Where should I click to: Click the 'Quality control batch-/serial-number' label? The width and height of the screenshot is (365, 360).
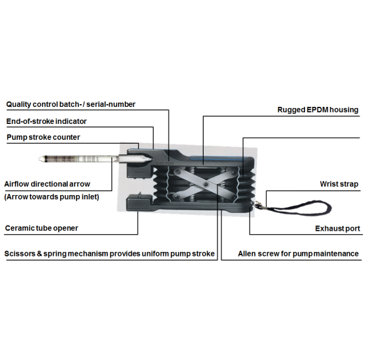point(70,104)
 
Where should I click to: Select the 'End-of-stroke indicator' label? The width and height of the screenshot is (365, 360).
point(46,121)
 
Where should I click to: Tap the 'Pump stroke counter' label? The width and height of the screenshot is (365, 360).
point(43,137)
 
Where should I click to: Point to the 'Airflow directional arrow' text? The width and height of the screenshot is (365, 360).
point(47,184)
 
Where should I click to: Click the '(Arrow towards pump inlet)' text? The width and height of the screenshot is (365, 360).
point(51,197)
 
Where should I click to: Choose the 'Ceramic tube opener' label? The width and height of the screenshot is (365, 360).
point(42,228)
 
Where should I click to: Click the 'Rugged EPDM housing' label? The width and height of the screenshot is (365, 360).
point(318,109)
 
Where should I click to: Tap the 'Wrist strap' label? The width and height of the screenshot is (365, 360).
point(339,184)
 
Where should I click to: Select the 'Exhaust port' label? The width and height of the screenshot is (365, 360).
point(337,228)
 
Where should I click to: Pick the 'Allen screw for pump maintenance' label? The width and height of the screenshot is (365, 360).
point(298,253)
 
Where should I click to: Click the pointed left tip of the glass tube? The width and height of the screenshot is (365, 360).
point(39,159)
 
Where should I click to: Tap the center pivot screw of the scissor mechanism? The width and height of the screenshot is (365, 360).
point(206,185)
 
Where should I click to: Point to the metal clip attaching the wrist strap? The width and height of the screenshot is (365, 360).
point(258,205)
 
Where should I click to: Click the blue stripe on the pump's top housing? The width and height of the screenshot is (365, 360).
point(217,158)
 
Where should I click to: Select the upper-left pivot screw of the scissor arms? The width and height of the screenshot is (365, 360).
point(178,171)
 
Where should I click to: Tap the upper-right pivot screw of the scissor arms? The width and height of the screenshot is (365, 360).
point(233,172)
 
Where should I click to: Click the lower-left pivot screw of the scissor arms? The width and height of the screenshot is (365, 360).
point(178,197)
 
